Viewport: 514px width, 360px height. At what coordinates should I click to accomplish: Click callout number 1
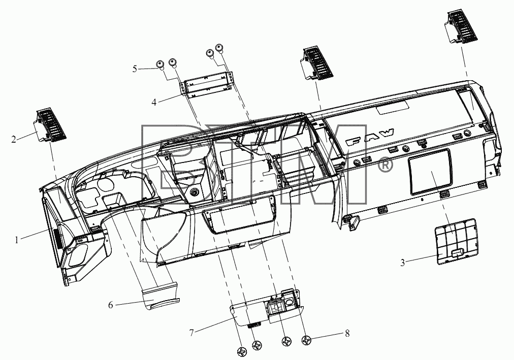tap(16, 240)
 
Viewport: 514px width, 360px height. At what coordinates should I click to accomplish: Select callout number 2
tap(13, 140)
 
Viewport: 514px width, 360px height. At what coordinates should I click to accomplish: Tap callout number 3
tap(403, 263)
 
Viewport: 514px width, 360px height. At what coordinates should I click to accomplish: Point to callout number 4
tap(154, 102)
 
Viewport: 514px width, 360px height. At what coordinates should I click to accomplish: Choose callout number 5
tap(135, 69)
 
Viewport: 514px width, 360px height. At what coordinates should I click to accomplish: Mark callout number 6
tap(111, 305)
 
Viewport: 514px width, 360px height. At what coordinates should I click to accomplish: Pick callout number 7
tap(192, 333)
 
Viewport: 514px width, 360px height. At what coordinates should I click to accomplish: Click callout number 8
tap(347, 334)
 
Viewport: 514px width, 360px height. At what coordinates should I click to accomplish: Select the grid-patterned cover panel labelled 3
tap(456, 241)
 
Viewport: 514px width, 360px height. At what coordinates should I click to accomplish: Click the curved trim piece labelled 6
tap(160, 296)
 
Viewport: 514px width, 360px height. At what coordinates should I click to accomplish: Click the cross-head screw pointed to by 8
tap(306, 341)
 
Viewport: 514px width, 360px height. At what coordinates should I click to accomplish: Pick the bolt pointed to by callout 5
tap(160, 64)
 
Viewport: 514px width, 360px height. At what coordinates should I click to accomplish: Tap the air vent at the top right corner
tap(461, 27)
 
